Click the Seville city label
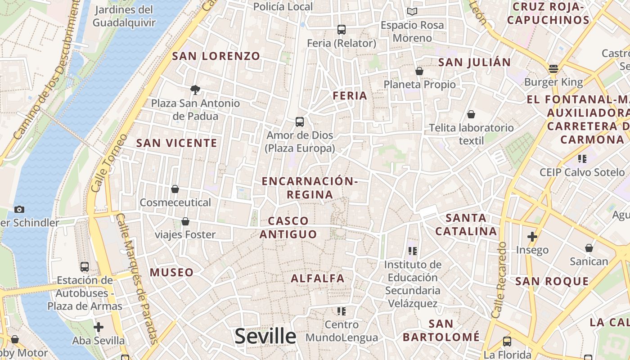pyautogui.click(x=265, y=336)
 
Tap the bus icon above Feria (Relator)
pyautogui.click(x=342, y=30)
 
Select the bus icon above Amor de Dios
pyautogui.click(x=300, y=121)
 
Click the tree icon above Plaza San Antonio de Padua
pyautogui.click(x=195, y=90)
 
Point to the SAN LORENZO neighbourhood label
pyautogui.click(x=216, y=56)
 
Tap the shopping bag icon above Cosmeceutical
pyautogui.click(x=175, y=189)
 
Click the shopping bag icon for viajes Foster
pyautogui.click(x=185, y=221)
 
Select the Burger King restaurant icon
pyautogui.click(x=553, y=69)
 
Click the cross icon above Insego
pyautogui.click(x=532, y=236)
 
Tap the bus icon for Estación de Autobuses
pyautogui.click(x=85, y=266)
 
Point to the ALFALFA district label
pyautogui.click(x=318, y=279)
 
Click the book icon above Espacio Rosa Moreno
pyautogui.click(x=412, y=11)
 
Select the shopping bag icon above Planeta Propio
pyautogui.click(x=419, y=71)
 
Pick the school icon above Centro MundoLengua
pyautogui.click(x=342, y=311)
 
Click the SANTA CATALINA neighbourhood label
pyautogui.click(x=471, y=225)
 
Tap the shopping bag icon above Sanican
pyautogui.click(x=589, y=248)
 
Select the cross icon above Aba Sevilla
pyautogui.click(x=99, y=327)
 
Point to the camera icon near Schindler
pyautogui.click(x=19, y=209)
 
